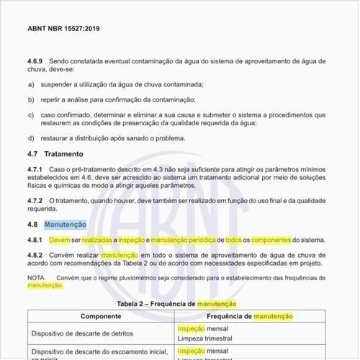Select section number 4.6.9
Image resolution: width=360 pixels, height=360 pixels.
click(x=37, y=63)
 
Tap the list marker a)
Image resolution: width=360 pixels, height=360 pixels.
click(x=31, y=85)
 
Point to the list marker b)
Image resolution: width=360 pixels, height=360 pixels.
click(x=31, y=99)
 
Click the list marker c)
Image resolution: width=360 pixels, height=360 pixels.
click(x=31, y=114)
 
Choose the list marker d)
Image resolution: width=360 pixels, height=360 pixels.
click(x=31, y=138)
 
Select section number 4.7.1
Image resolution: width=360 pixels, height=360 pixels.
click(x=37, y=168)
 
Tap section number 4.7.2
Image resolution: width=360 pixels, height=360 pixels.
click(x=37, y=199)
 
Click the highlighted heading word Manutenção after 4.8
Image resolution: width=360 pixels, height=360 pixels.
click(x=65, y=225)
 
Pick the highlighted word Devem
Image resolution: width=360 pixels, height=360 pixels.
click(x=60, y=240)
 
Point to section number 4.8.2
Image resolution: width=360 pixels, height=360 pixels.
click(x=37, y=255)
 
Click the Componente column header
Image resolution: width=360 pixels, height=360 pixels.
click(x=100, y=316)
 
